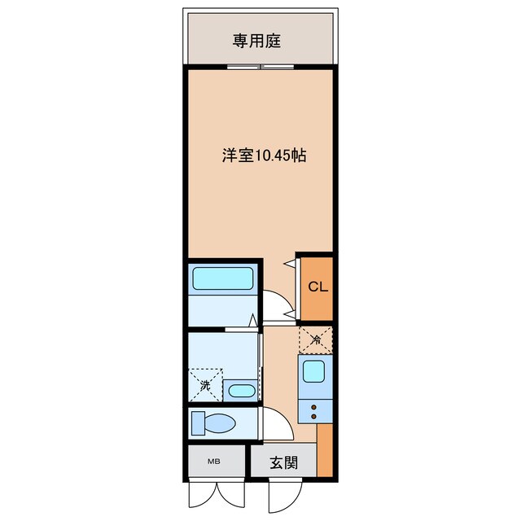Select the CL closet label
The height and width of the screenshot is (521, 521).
pos(317,287)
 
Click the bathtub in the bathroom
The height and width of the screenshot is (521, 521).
pos(224,280)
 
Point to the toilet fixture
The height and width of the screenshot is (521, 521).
pos(214,423)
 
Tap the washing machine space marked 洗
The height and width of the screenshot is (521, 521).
pos(206,384)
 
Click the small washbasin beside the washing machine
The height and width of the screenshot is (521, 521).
pos(241,390)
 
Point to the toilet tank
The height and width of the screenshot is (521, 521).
pos(197,423)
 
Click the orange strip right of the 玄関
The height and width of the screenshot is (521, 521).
pos(325,456)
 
